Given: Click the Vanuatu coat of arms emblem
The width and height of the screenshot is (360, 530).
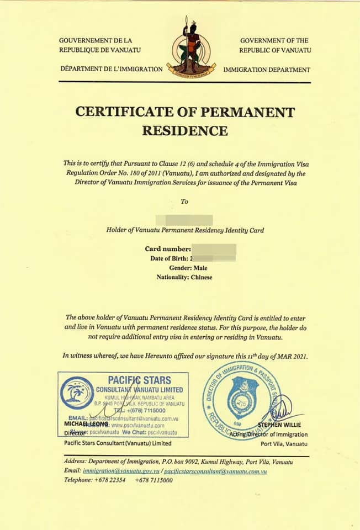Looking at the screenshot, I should [x=191, y=48].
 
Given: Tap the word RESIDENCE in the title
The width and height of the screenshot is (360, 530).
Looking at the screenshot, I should [x=184, y=131].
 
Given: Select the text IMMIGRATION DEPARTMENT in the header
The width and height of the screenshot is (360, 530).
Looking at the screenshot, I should [x=267, y=70].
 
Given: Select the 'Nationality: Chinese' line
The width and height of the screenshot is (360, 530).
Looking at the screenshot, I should [x=184, y=277].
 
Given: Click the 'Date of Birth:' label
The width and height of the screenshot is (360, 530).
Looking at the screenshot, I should [x=169, y=258].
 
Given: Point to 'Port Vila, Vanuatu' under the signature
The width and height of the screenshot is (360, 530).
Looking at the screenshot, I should [x=284, y=443].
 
